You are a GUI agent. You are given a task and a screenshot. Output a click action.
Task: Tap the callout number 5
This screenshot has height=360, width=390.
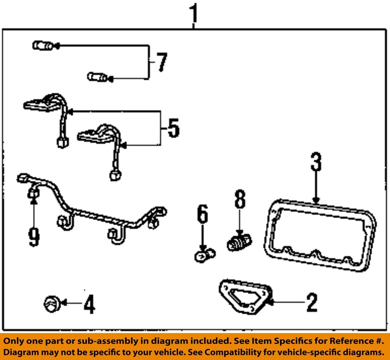pos(173,128)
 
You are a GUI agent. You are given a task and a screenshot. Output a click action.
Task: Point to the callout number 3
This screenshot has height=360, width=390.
pos(316,162)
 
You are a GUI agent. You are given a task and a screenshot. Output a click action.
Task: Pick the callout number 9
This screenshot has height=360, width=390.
pos(34,236)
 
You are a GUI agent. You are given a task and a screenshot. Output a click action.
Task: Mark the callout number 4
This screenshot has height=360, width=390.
pos(89,305)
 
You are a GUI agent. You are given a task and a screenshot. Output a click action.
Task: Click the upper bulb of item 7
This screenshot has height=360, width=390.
pos(42,46)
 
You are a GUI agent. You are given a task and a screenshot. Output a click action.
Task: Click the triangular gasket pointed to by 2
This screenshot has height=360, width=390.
pos(243,295)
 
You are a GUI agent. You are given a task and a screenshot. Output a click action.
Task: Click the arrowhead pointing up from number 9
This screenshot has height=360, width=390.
pos(34,201)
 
